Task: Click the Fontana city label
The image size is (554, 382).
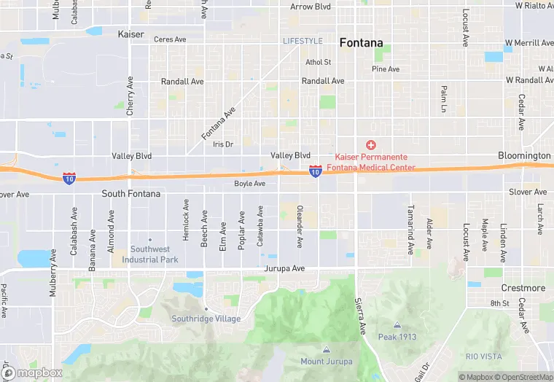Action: click(x=361, y=43)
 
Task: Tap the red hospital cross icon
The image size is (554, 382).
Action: click(x=370, y=146)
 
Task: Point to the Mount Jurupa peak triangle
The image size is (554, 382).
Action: click(x=326, y=350)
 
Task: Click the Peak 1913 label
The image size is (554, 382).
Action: click(x=397, y=336)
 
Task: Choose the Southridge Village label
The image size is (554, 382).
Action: click(x=206, y=319)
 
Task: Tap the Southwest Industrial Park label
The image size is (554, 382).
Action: click(x=149, y=254)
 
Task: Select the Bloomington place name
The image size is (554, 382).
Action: click(x=524, y=156)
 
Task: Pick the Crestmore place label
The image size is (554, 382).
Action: click(x=523, y=288)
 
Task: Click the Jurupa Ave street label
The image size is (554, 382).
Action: click(x=284, y=268)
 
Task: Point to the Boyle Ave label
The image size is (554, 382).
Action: click(x=249, y=184)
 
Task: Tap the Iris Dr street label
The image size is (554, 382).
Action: click(x=222, y=144)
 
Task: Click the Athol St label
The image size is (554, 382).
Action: click(x=319, y=63)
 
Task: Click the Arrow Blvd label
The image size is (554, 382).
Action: click(x=311, y=7)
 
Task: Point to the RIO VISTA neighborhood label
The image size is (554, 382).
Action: click(x=484, y=356)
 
